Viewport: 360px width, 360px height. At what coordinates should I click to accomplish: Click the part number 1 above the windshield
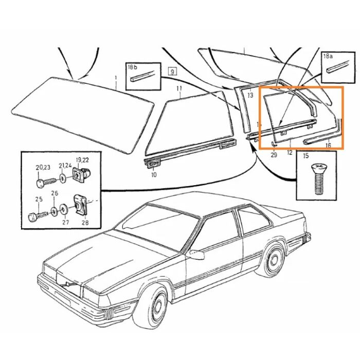click(116, 78)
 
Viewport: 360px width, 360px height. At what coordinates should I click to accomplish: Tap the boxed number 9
click(172, 71)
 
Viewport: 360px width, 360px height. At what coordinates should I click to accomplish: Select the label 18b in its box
click(133, 67)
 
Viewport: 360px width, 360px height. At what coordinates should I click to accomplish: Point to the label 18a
click(328, 56)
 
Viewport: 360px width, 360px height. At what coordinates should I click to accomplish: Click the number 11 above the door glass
click(179, 88)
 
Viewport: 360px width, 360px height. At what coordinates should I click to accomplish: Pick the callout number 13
click(250, 95)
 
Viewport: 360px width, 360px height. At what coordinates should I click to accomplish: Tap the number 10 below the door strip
click(154, 175)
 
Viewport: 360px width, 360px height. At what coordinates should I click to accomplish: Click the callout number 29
click(274, 155)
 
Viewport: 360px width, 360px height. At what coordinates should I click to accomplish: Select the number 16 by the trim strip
click(328, 146)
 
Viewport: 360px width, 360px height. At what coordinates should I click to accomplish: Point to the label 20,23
click(43, 168)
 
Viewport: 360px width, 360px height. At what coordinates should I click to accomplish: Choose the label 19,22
click(82, 160)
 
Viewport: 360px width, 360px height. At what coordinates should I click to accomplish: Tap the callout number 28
click(85, 223)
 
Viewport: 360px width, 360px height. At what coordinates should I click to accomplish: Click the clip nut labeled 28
click(80, 205)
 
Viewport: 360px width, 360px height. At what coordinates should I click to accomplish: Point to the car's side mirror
click(195, 255)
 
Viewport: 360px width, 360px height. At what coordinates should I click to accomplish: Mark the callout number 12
click(290, 152)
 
